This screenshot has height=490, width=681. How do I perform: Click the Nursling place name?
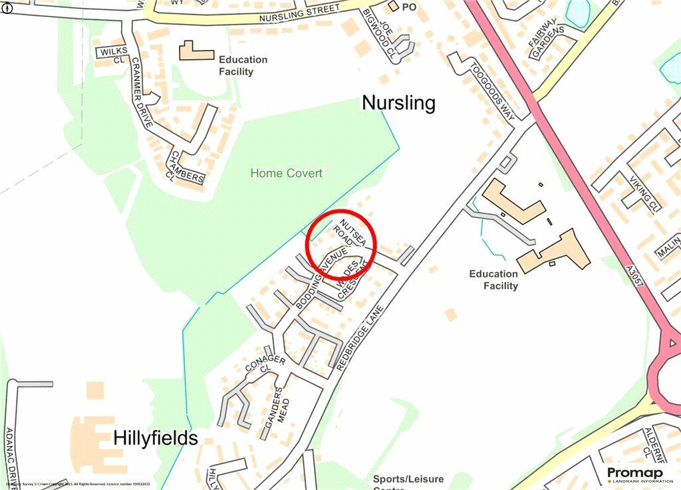(398, 103)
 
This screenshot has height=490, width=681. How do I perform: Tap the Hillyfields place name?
(156, 438)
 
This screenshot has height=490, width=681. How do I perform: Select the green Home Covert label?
(286, 174)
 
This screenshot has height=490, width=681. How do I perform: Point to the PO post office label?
(402, 7)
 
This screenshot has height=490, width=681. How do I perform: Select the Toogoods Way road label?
(491, 91)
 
